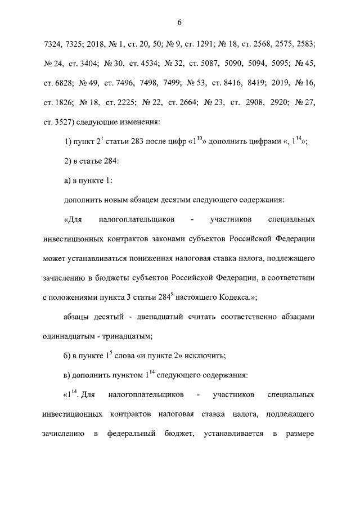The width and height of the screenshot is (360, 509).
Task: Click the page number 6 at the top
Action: point(179,22)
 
